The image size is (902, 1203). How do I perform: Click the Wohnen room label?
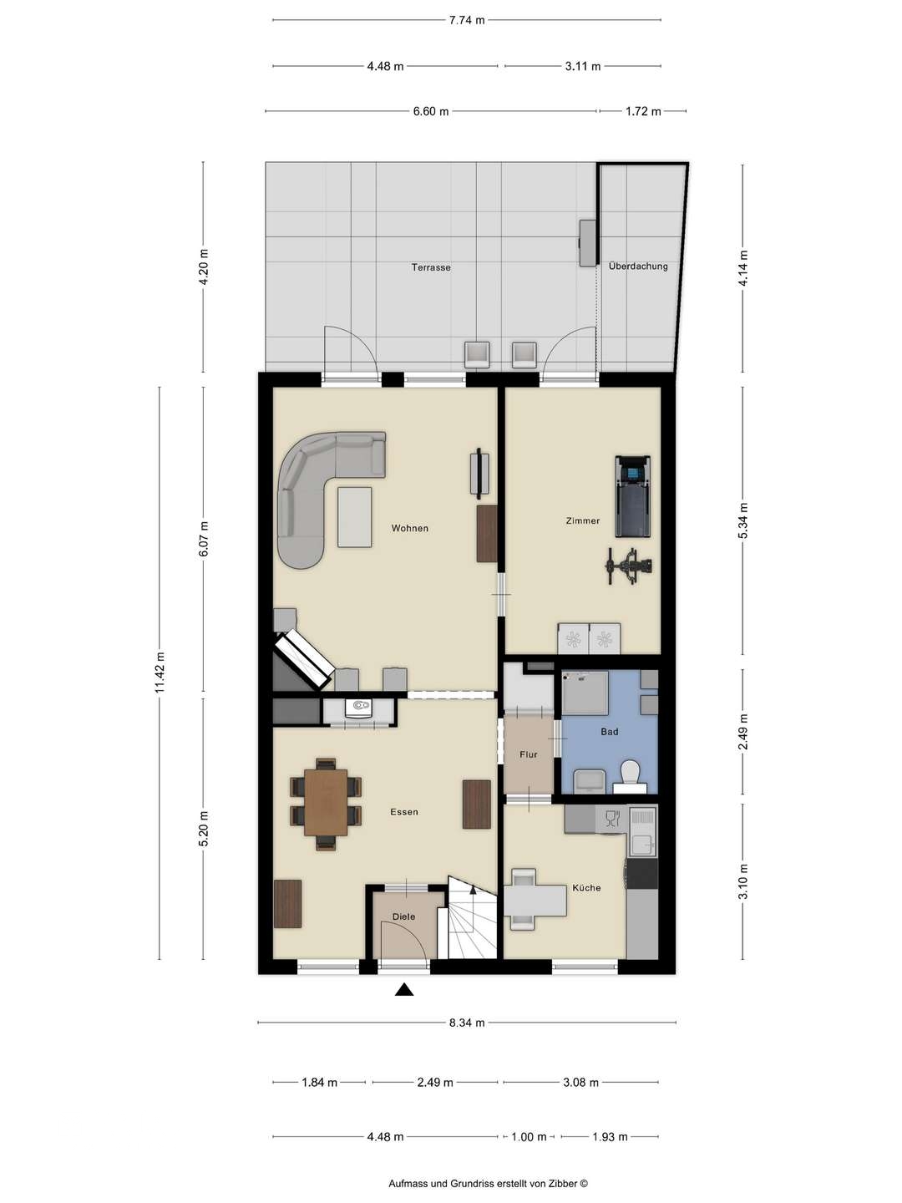coord(409,528)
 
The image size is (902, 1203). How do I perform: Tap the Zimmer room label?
coord(582,520)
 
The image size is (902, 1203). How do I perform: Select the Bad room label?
coord(609,732)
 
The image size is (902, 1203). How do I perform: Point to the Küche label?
coord(586,887)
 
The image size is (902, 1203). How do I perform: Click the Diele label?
coord(403,916)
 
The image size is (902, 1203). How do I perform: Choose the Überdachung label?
coord(638,266)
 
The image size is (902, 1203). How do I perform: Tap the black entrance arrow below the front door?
coord(404,991)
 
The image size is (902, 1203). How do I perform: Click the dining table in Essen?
coord(326,802)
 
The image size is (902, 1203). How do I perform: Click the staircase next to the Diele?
coord(473,919)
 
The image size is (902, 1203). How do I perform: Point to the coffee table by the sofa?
coord(355,517)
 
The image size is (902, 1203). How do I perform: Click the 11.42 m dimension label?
coord(161,673)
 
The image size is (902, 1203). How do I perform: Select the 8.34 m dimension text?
coord(466,1023)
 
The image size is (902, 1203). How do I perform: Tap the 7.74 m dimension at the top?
coord(466,21)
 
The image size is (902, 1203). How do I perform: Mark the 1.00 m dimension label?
coord(529,1137)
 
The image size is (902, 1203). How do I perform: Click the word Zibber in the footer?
coord(564,1184)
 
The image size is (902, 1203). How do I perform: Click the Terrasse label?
coord(431,267)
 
